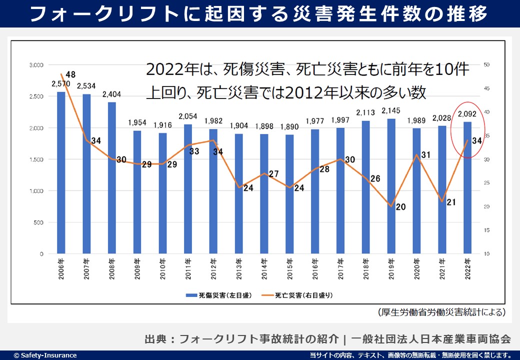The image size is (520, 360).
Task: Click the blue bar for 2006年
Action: click(x=61, y=172)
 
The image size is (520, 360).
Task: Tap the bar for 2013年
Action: click(x=238, y=194)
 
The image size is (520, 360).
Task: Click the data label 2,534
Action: click(x=86, y=85)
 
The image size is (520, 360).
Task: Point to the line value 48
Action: click(x=70, y=75)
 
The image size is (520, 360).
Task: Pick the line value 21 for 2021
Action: click(x=450, y=202)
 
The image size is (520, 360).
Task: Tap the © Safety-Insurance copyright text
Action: click(x=45, y=355)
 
